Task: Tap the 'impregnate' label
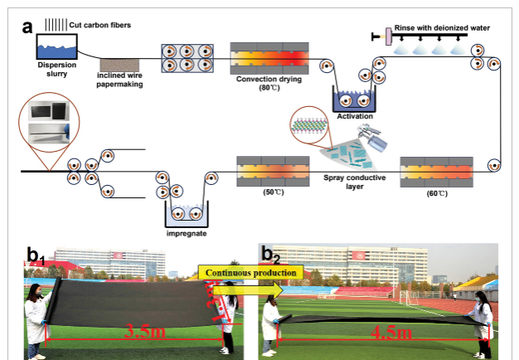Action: [185, 233]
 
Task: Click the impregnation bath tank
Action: [186, 215]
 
